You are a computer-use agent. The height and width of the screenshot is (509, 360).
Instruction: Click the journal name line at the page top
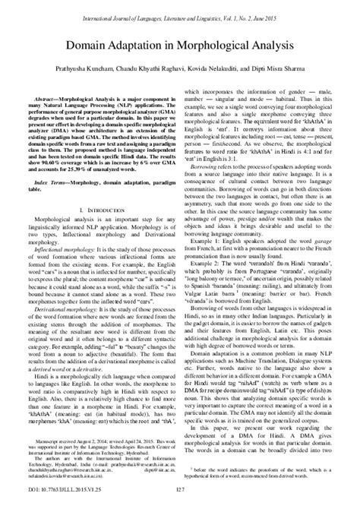180,7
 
